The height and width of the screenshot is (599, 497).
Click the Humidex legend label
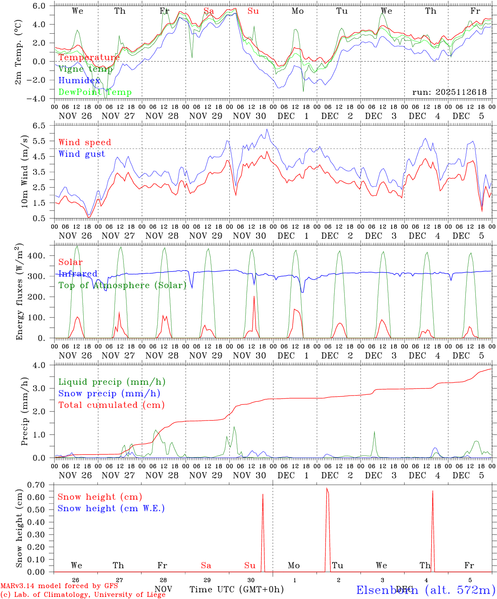tap(79, 81)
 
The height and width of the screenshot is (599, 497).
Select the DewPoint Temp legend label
tap(95, 92)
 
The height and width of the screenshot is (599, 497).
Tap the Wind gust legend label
tap(82, 154)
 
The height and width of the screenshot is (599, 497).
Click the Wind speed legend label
tap(85, 142)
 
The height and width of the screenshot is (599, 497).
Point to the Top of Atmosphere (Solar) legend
tap(122, 285)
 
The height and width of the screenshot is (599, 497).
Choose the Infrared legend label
tap(78, 274)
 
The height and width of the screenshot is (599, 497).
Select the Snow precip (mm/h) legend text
tap(109, 394)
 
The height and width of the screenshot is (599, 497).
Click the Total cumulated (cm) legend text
tap(112, 405)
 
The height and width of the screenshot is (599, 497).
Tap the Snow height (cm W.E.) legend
tap(111, 508)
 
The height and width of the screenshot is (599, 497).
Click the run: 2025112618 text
tap(449, 92)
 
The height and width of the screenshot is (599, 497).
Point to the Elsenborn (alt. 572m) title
tap(425, 590)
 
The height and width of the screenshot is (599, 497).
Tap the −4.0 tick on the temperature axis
tap(39, 99)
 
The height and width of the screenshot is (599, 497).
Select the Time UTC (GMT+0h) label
tap(236, 589)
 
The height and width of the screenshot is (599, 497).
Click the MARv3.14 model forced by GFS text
tap(59, 586)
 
